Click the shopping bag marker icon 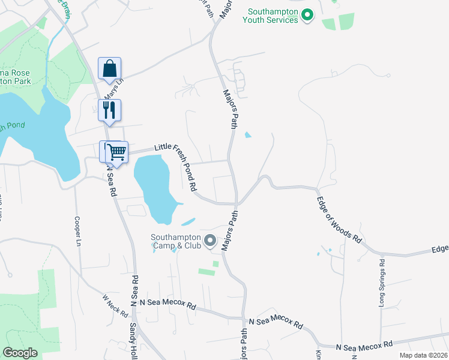[109, 69]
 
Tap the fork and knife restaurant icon [109, 110]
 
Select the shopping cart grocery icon [117, 152]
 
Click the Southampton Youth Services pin [307, 14]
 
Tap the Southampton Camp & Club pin [209, 241]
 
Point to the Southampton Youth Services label [270, 16]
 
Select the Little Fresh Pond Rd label [176, 166]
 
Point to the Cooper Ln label [77, 232]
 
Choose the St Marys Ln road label [112, 90]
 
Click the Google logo [20, 353]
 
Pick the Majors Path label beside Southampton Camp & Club [231, 230]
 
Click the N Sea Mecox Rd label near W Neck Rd [167, 305]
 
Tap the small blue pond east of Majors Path [248, 135]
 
